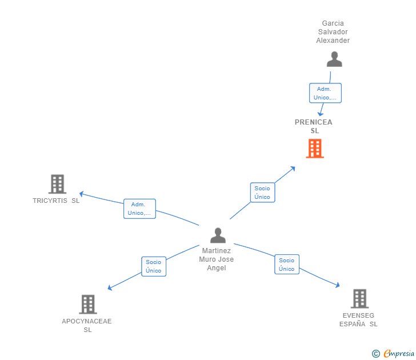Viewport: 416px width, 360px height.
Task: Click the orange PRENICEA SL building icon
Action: tap(315, 149)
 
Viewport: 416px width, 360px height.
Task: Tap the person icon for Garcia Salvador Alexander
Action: tap(334, 59)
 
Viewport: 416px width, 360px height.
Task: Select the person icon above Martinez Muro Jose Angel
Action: tap(218, 235)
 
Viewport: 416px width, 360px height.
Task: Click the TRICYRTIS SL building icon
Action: tap(57, 184)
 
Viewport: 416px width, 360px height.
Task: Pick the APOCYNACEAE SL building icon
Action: tap(88, 305)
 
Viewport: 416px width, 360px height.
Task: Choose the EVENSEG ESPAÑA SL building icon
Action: tap(360, 299)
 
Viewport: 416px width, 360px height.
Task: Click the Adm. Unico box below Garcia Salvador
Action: tap(325, 93)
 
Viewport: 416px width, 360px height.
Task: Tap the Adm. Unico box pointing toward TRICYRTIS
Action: tap(139, 209)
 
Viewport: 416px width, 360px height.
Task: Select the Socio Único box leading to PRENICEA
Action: tap(263, 193)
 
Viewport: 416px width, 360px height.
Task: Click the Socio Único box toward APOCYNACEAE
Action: tap(154, 266)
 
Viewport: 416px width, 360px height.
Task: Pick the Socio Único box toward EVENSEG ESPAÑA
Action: tap(287, 265)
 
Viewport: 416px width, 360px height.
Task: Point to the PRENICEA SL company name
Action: tap(314, 126)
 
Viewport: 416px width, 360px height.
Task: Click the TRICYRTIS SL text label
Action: tap(56, 201)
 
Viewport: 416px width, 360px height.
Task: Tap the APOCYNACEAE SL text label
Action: tap(87, 325)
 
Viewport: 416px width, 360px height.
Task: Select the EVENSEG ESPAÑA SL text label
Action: tap(358, 319)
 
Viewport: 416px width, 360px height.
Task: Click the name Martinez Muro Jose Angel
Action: tap(217, 259)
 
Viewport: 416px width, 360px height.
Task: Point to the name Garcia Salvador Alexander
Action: tap(333, 32)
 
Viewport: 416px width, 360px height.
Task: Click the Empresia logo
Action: tap(393, 353)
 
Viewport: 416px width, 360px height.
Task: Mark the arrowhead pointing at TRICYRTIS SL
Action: tap(82, 194)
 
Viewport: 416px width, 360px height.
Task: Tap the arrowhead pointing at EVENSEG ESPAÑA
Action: tap(338, 285)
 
